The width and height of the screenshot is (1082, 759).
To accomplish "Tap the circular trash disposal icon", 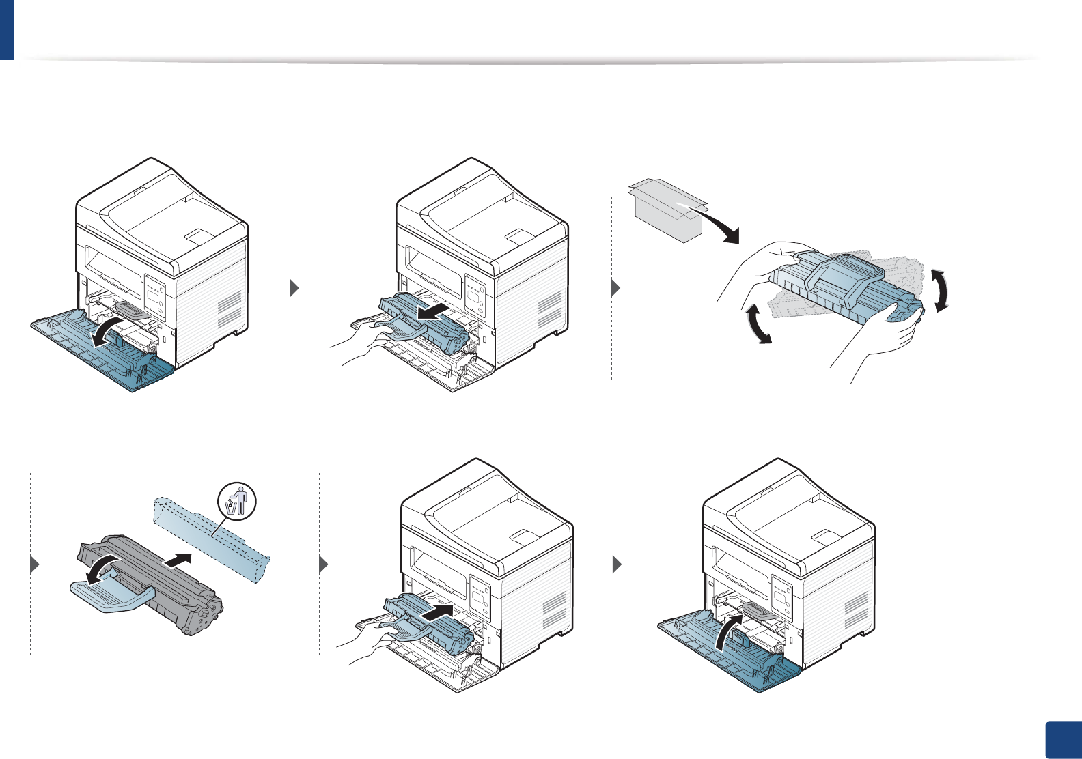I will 236,500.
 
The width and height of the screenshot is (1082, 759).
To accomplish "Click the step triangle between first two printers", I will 294,288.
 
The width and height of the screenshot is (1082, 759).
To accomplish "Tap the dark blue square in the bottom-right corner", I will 1063,740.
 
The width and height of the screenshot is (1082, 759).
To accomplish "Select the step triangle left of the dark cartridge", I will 36,565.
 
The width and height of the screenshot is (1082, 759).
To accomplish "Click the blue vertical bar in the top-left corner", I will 7,29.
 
